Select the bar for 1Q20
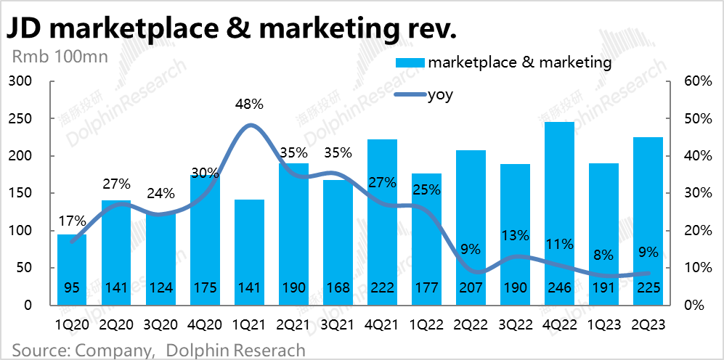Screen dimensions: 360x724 72,269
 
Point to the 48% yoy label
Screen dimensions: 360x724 249,104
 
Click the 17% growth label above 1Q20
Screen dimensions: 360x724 72,221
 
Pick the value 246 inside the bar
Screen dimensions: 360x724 558,288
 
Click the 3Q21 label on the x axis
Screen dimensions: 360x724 338,324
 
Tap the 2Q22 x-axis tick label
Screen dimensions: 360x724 470,324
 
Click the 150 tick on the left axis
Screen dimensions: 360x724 24,193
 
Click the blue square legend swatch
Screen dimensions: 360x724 409,62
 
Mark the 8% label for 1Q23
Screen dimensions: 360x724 603,255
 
